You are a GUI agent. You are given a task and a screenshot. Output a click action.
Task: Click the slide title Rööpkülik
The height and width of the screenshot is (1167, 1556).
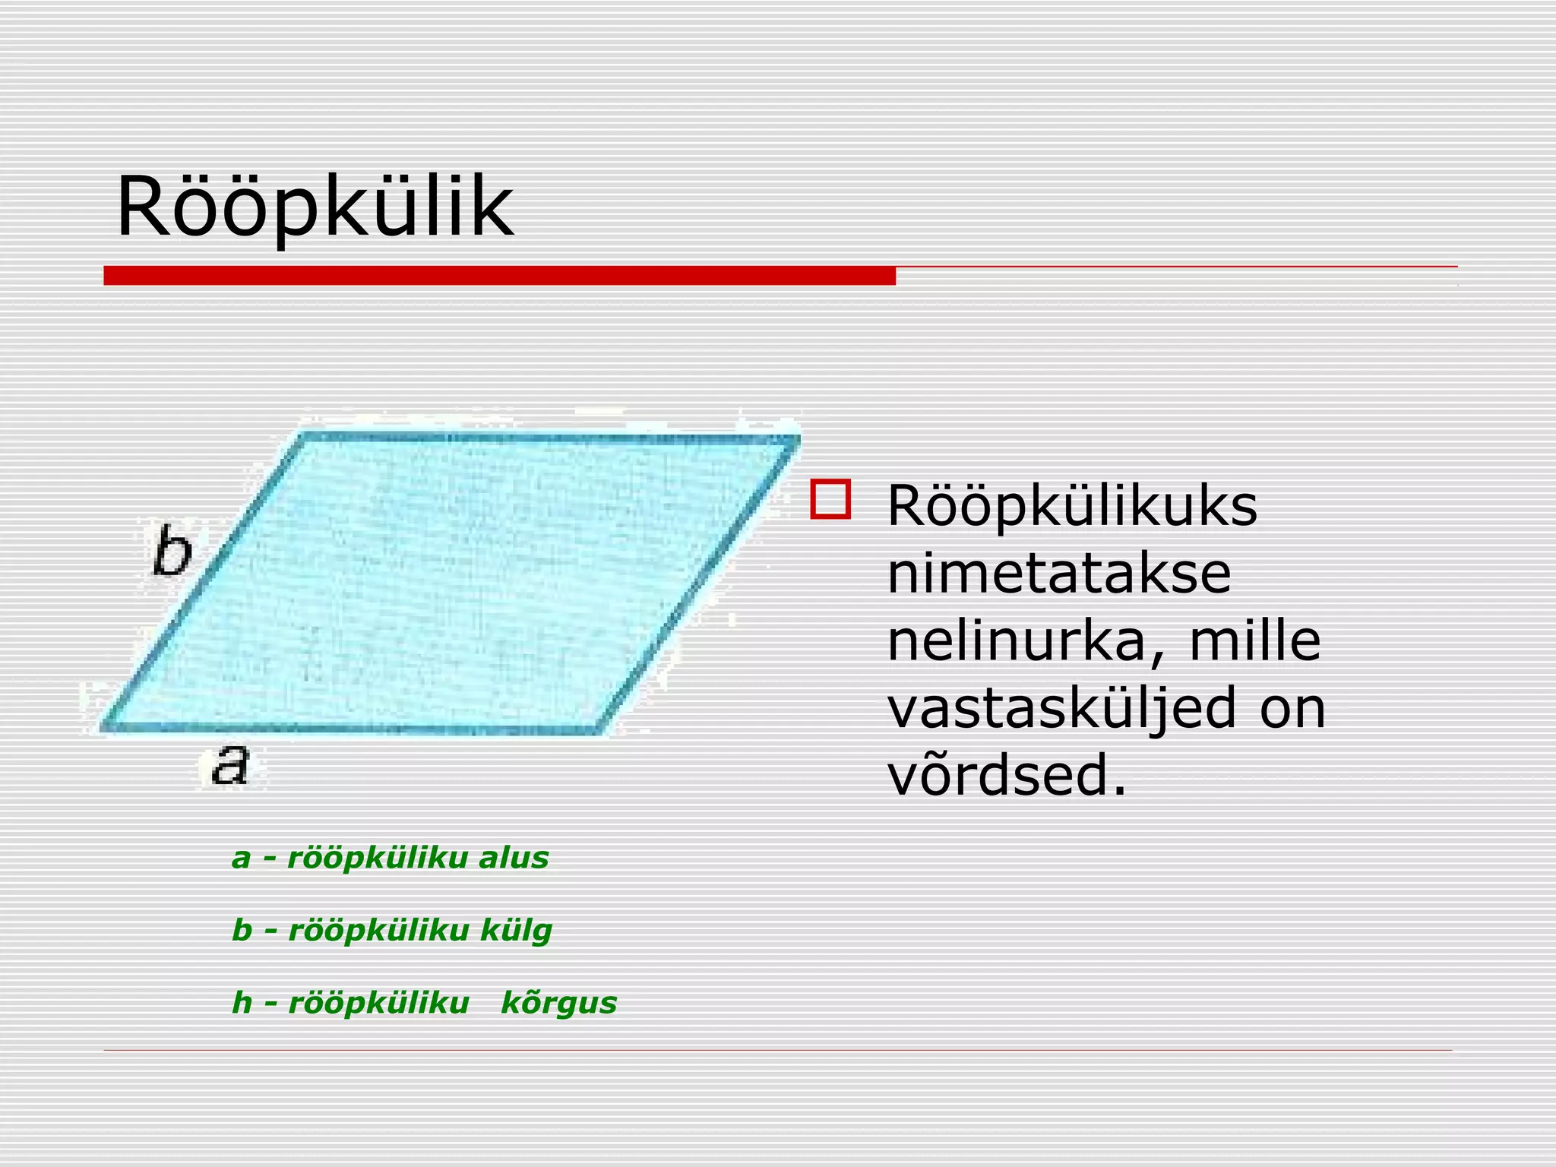tap(315, 207)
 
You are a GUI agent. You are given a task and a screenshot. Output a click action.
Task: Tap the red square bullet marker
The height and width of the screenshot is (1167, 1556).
tap(830, 499)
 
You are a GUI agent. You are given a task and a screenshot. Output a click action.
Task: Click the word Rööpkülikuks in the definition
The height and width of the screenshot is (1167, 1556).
tap(1072, 507)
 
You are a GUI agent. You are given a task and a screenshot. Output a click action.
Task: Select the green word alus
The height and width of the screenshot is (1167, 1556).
tap(514, 858)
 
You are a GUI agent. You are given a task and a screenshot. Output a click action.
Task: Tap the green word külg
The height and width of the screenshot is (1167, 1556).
tap(516, 931)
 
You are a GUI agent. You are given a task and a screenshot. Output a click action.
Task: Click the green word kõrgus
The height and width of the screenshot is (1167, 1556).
tap(558, 1004)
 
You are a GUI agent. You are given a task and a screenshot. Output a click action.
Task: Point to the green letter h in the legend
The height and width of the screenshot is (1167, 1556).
tap(242, 1003)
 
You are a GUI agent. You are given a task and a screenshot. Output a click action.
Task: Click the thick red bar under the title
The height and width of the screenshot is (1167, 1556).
tap(499, 276)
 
